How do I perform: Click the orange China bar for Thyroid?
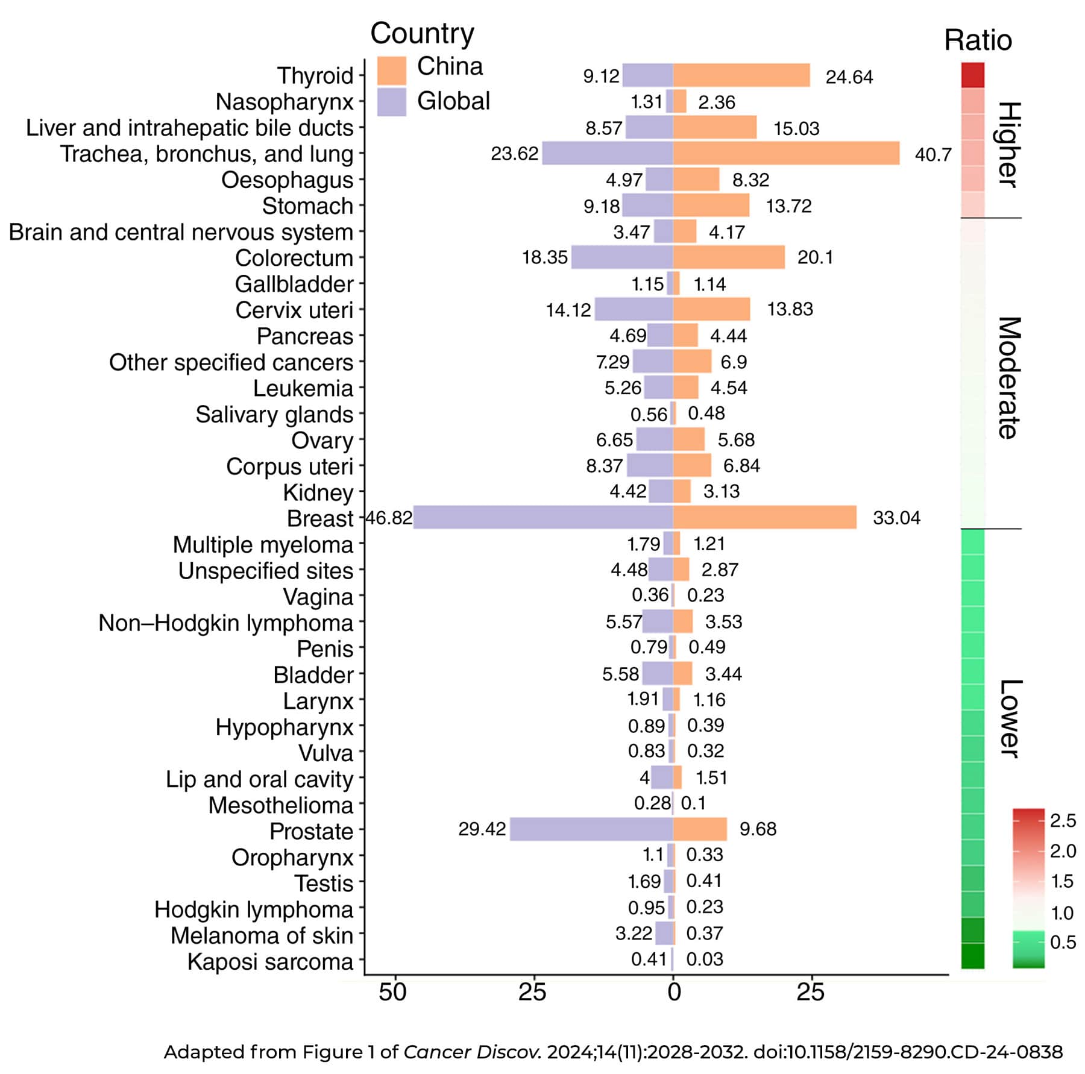(741, 75)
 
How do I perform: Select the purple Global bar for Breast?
(542, 518)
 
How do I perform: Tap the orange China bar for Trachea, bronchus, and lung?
(786, 153)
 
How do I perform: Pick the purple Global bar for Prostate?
(591, 829)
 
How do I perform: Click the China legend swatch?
(391, 70)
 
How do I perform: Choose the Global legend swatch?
(391, 101)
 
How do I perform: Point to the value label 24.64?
(849, 77)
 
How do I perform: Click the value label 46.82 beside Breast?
(389, 518)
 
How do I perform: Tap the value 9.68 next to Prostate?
(758, 829)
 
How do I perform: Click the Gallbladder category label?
(294, 284)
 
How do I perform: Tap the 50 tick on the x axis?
(393, 992)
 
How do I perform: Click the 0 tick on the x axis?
(674, 992)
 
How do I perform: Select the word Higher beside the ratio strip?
(1008, 145)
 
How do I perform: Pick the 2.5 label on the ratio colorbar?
(1063, 820)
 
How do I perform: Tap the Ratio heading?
(978, 41)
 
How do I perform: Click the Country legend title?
(422, 34)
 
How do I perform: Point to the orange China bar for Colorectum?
(729, 257)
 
